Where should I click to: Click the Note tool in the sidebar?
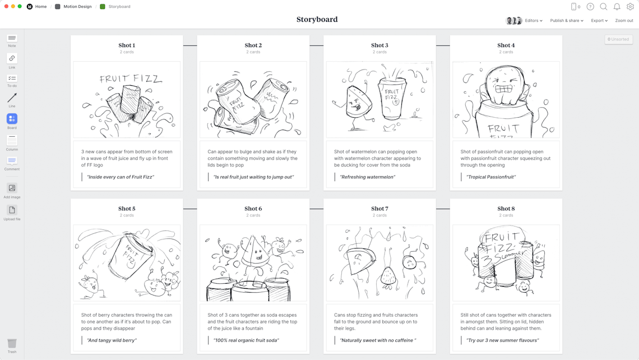click(12, 39)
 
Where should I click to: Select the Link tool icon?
click(12, 58)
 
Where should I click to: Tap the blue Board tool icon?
click(12, 119)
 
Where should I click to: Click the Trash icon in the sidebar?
click(12, 343)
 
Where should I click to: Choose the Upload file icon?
click(12, 210)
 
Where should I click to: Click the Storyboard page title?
click(317, 20)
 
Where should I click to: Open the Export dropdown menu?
click(599, 21)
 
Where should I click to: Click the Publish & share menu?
click(566, 21)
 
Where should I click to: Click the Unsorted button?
click(618, 39)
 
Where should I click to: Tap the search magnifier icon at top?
click(604, 7)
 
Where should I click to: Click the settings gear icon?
click(630, 7)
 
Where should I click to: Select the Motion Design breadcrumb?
click(77, 7)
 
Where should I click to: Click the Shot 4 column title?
click(506, 45)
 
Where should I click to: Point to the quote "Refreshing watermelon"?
click(368, 177)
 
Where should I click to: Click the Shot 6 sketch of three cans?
click(253, 263)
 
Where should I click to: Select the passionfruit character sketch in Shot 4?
click(506, 100)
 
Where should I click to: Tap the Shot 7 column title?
click(379, 209)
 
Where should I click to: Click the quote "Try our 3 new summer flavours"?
click(502, 340)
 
